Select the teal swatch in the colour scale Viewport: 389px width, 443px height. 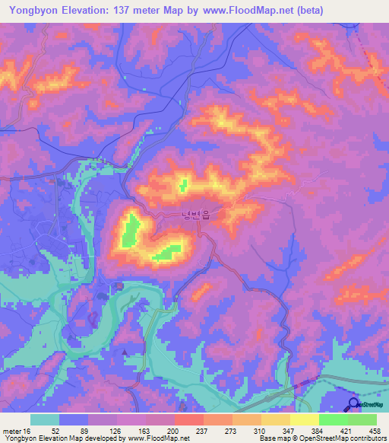click(x=45, y=419)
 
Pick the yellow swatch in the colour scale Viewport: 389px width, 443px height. click(x=304, y=419)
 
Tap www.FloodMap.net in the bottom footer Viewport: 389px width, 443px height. click(x=163, y=438)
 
